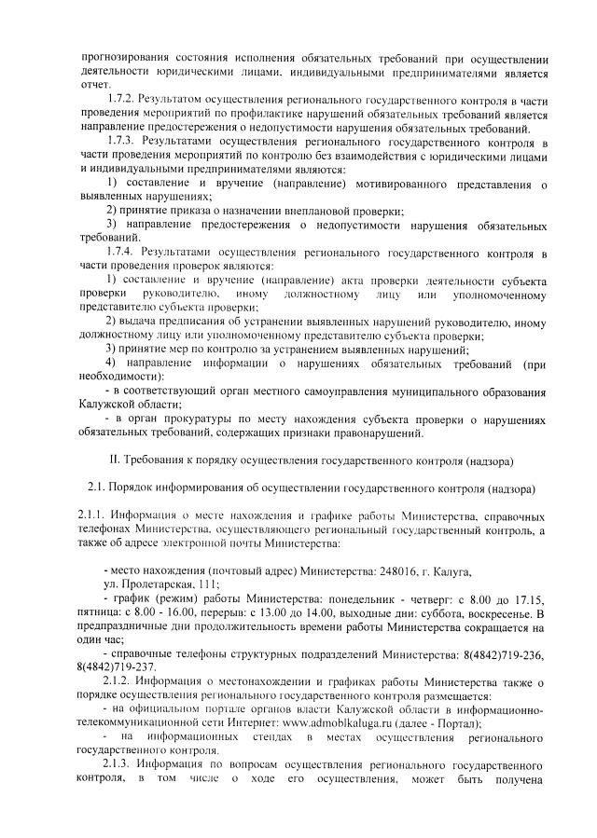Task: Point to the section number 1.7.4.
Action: (x=124, y=253)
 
